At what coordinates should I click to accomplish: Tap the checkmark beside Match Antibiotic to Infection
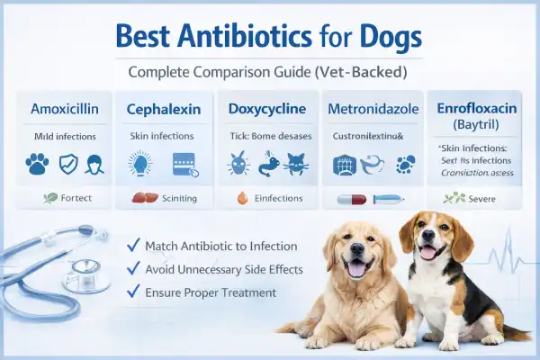[x=134, y=245]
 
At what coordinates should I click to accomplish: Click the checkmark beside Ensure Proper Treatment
[x=134, y=292]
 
